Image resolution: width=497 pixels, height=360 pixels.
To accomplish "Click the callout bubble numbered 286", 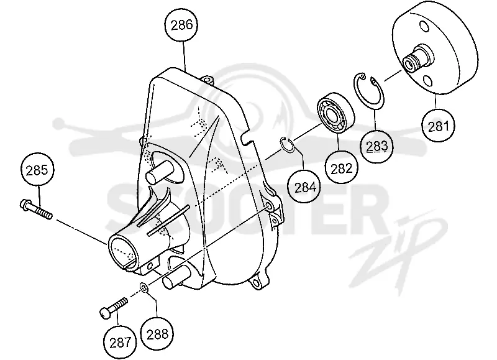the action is (181, 25).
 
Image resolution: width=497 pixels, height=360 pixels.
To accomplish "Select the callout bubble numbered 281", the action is (439, 126).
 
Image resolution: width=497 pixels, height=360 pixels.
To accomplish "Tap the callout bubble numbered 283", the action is (376, 146).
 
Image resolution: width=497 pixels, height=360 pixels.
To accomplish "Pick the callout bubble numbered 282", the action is (341, 167).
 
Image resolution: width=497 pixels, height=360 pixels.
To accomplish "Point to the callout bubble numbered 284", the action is (304, 187).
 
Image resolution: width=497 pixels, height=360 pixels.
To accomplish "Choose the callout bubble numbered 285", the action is (37, 169).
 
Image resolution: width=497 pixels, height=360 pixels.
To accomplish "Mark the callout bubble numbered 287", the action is (120, 342).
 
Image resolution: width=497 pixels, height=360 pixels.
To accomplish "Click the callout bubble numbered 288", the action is (157, 333).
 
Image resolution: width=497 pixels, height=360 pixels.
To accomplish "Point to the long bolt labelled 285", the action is (36, 208).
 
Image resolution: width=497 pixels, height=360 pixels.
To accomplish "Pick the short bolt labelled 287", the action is (114, 307).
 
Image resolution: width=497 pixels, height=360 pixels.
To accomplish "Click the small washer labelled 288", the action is (144, 288).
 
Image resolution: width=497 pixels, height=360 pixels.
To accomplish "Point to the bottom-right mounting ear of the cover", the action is (258, 282).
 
